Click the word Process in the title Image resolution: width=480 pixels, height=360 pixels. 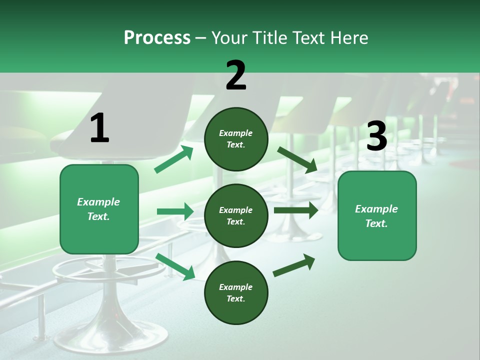157,38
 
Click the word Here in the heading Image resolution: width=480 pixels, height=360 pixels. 349,38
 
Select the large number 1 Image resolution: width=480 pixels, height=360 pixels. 99,128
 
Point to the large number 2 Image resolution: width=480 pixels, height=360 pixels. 236,75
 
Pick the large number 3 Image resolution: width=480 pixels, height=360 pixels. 376,136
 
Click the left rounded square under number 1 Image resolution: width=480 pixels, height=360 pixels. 99,209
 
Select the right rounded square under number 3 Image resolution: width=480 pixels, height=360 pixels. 377,215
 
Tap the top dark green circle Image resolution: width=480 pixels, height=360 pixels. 236,139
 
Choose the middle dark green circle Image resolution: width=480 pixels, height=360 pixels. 236,215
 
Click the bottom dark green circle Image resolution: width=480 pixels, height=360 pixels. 236,292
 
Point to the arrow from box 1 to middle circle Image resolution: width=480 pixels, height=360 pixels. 175,211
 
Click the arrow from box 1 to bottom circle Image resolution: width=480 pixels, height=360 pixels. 175,266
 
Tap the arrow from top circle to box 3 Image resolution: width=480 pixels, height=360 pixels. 297,159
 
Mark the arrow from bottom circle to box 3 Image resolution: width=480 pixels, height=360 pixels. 294,265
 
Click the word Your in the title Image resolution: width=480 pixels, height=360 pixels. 227,38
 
